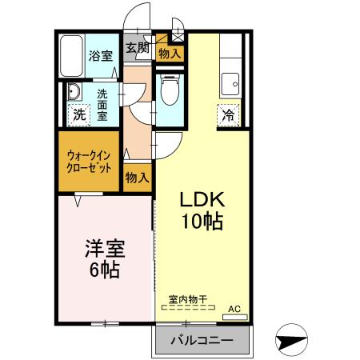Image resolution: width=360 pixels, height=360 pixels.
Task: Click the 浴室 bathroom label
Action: [101, 55]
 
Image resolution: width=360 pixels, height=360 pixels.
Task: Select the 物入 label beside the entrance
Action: [169, 54]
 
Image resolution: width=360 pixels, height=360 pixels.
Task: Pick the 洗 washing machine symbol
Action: [78, 114]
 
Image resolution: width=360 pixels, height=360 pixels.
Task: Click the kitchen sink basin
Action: [233, 80]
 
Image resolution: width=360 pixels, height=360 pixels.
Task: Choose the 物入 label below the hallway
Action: [136, 176]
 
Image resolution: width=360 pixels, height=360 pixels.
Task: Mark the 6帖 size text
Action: [104, 270]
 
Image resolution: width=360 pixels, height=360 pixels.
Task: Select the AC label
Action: [234, 308]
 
